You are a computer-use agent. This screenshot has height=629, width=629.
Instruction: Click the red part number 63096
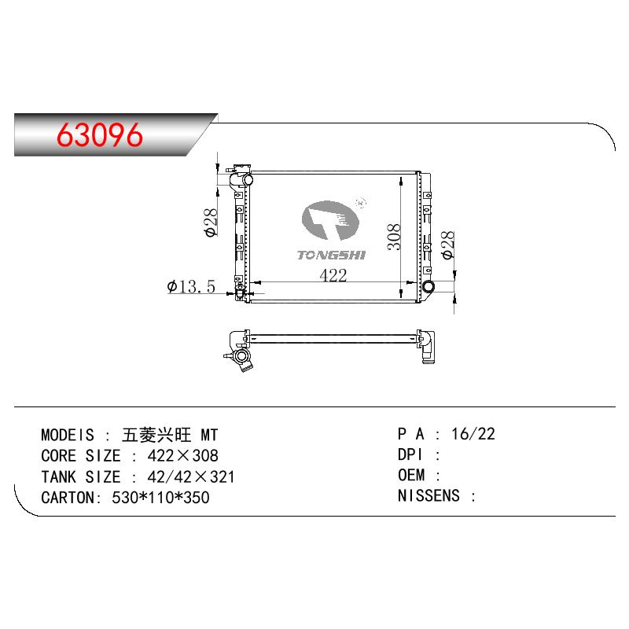pos(100,134)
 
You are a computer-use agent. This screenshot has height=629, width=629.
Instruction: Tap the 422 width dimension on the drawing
pos(333,275)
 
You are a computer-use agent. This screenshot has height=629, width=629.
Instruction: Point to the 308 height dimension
pos(394,237)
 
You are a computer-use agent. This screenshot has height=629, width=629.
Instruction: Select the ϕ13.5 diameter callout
pos(191,286)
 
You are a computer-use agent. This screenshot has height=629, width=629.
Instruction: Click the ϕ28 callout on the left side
pos(211,223)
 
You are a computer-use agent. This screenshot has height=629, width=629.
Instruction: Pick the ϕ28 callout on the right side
pos(447,245)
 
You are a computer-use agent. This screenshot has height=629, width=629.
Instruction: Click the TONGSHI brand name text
pos(331,255)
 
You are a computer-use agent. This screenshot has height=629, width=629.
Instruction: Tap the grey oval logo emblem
pos(330,220)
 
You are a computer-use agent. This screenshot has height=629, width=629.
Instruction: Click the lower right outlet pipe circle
pos(429,286)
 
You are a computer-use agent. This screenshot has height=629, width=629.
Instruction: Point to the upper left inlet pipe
pos(242,179)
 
